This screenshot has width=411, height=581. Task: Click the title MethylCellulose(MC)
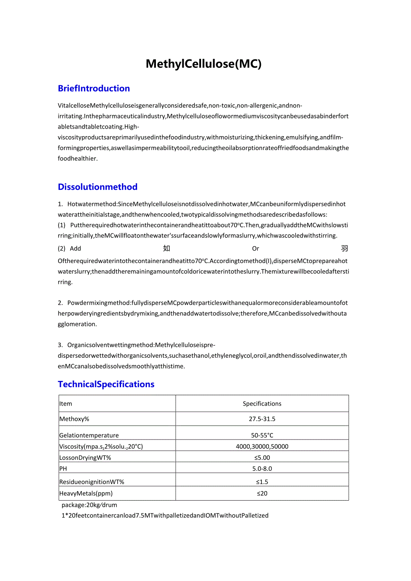click(x=204, y=64)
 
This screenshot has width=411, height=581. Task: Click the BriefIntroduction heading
click(x=94, y=88)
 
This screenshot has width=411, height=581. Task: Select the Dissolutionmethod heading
click(x=97, y=187)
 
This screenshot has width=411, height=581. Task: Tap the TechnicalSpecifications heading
click(x=106, y=384)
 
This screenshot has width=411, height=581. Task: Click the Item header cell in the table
click(x=66, y=404)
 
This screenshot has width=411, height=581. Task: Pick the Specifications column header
click(x=262, y=404)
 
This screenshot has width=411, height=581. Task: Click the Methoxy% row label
click(x=74, y=419)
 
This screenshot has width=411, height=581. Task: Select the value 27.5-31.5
click(x=262, y=419)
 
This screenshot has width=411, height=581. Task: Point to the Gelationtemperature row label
click(x=89, y=435)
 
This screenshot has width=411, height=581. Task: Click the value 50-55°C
click(x=262, y=435)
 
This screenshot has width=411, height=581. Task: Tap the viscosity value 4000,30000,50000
click(x=262, y=446)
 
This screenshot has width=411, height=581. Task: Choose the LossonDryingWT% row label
click(x=85, y=457)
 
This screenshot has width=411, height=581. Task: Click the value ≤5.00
click(x=263, y=457)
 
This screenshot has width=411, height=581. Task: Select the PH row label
click(x=63, y=468)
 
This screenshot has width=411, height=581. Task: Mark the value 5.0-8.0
click(x=262, y=468)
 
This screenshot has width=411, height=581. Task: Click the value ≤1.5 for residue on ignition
click(x=262, y=482)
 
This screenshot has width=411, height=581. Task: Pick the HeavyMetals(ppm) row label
click(x=86, y=493)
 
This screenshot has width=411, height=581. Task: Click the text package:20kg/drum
click(x=89, y=505)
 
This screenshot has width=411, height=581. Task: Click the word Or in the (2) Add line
click(x=256, y=249)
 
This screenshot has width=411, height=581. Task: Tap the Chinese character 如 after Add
click(x=167, y=249)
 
